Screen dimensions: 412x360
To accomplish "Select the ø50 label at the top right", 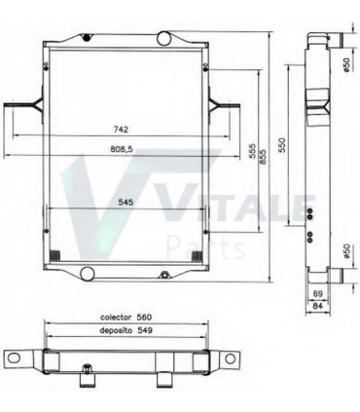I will point(347,64).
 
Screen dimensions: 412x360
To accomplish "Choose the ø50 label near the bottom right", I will point(347,251).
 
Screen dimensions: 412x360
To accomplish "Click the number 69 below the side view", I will point(317,292).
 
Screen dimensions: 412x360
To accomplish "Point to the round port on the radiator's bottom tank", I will point(88,271).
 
